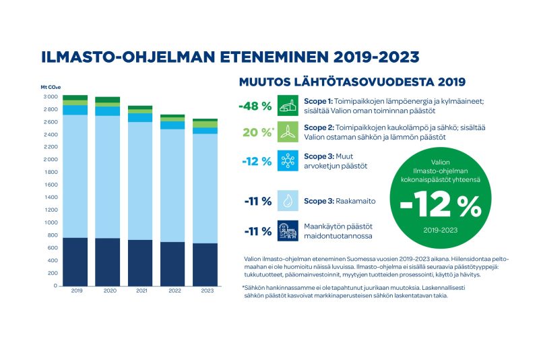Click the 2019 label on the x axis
coord(75,292)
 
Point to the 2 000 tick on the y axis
coord(51,160)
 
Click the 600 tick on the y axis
coord(52,248)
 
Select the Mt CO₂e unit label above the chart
coord(51,88)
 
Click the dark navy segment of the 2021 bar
coord(140,262)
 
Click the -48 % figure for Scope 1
coord(255,106)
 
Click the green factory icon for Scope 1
coord(288,105)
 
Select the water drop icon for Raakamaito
coord(288,200)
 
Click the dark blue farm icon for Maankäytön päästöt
coord(288,231)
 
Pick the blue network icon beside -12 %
coord(288,161)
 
